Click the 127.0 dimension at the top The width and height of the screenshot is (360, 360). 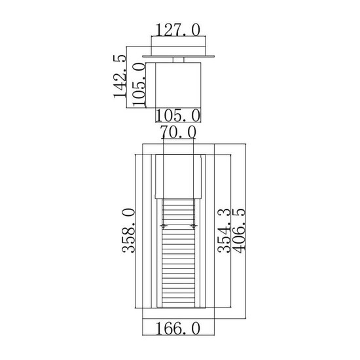pos(178,30)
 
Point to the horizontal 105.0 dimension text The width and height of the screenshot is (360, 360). pos(178,116)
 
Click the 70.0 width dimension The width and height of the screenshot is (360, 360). pos(178,133)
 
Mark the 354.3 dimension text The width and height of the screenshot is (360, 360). pos(225,232)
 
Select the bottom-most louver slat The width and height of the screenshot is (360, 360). pos(179,302)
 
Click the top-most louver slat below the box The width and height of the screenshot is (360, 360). pos(179,204)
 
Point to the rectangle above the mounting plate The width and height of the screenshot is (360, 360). pos(178,47)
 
